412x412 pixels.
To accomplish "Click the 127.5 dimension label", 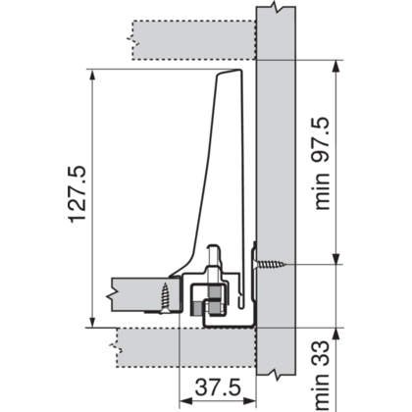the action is [77, 194].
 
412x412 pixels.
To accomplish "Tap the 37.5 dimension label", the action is [218, 387].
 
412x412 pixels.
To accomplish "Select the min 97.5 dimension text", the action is [321, 163].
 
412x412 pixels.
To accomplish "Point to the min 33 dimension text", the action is [321, 376].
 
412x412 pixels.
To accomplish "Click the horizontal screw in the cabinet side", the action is [269, 264].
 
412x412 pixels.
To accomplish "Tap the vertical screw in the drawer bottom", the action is [165, 298].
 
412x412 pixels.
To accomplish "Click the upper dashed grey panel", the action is [194, 40].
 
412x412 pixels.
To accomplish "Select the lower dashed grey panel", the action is [186, 347].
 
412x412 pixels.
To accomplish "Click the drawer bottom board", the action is [146, 294].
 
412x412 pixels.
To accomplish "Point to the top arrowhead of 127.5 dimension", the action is [92, 75].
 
